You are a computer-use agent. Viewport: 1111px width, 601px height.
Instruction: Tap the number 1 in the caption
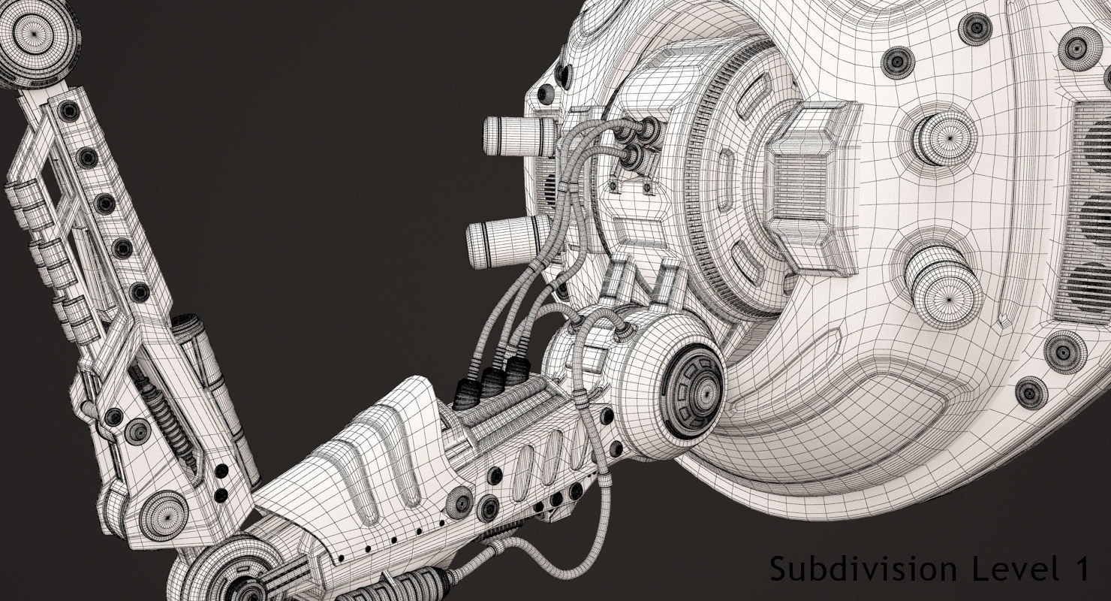point(1079,569)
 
